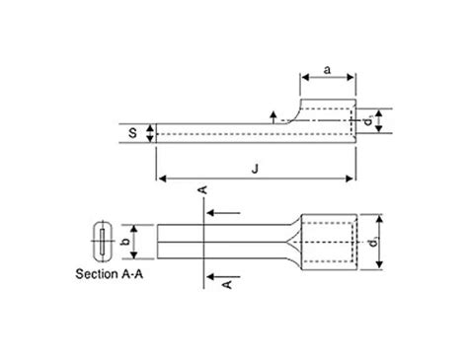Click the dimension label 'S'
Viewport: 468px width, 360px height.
pyautogui.click(x=138, y=132)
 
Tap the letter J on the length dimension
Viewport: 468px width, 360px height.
pyautogui.click(x=256, y=170)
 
